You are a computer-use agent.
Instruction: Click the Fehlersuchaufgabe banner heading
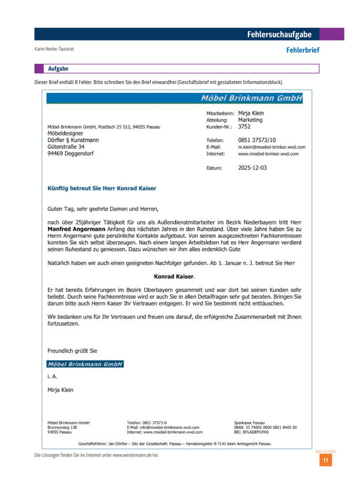(279, 34)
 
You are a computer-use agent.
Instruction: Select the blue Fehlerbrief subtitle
(302, 50)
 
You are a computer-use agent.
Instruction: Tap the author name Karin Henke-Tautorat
(57, 49)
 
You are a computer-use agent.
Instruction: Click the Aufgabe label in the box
(58, 68)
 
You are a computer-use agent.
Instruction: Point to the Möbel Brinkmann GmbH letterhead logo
(251, 98)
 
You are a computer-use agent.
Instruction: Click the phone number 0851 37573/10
(256, 140)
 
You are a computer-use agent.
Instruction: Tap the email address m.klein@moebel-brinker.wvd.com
(271, 147)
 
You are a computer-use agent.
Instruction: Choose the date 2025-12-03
(252, 168)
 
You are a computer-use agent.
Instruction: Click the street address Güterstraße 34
(66, 147)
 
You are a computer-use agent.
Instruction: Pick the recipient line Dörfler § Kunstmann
(73, 140)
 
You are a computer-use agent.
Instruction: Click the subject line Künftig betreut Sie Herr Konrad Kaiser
(101, 188)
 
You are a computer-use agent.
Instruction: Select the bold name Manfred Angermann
(76, 229)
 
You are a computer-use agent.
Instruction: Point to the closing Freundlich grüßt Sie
(72, 351)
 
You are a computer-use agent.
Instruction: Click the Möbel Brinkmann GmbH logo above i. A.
(85, 364)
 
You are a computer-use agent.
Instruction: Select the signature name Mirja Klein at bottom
(60, 390)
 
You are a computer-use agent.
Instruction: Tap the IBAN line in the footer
(265, 427)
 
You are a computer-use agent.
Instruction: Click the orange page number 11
(325, 460)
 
